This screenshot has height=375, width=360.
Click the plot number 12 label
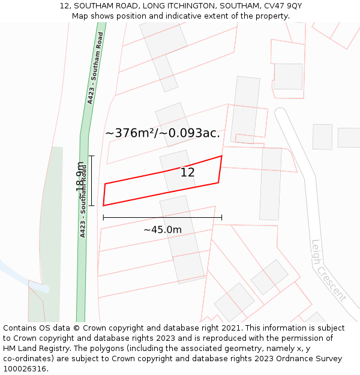click(x=187, y=173)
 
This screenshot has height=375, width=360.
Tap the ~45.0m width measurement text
click(x=162, y=229)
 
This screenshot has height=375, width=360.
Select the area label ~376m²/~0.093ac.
click(x=163, y=133)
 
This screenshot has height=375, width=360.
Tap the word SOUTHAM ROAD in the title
click(x=100, y=6)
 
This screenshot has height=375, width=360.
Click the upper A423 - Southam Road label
click(x=95, y=68)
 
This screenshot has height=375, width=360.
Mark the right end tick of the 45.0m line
click(x=221, y=217)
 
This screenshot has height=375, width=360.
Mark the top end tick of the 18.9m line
click(x=92, y=156)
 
